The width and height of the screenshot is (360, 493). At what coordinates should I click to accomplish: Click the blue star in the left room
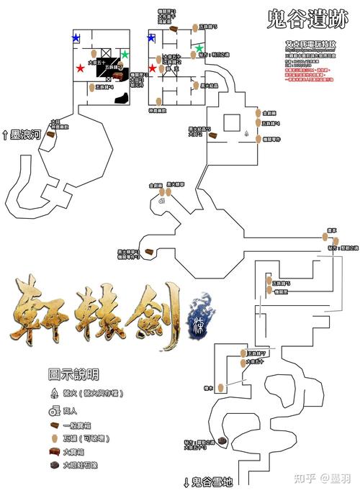76,37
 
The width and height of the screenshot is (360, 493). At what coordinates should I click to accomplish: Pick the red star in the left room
80,68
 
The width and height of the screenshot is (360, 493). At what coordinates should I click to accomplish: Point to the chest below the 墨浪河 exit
50,134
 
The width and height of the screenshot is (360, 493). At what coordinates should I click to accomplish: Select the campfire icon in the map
247,133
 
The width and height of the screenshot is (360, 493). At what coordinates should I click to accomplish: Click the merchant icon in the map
162,202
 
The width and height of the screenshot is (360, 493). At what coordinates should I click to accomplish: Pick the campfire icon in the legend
54,394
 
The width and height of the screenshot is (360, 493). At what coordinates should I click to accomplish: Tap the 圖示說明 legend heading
74,374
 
